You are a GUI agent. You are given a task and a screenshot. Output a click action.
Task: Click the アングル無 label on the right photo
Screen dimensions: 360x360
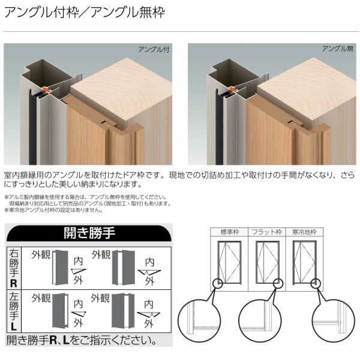pos(338,49)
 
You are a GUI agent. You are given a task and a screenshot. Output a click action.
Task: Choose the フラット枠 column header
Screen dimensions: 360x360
pos(268,232)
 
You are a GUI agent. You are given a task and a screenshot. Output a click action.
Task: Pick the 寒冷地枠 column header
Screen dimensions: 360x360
pos(304,232)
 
